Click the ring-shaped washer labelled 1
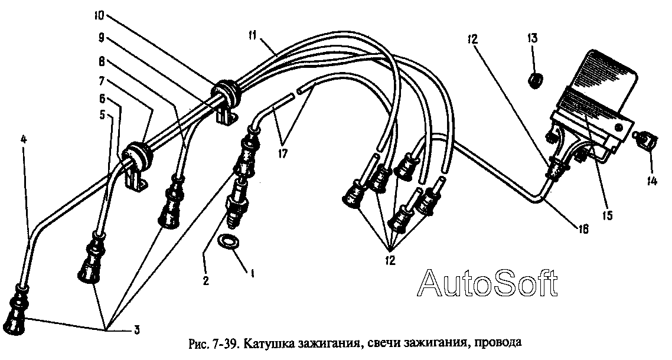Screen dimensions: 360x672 click(x=228, y=241)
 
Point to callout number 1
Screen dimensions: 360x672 click(x=252, y=274)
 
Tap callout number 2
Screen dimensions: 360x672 click(x=205, y=282)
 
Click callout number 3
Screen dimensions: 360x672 click(x=137, y=330)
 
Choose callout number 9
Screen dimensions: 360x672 click(x=102, y=37)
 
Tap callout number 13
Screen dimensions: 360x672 click(x=532, y=39)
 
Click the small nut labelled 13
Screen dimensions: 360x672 click(x=536, y=78)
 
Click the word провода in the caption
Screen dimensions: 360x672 click(x=497, y=343)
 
